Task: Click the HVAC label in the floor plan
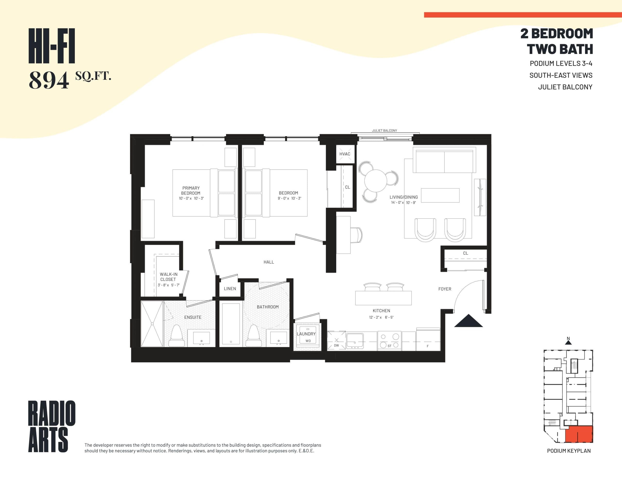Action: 345,154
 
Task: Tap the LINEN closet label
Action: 230,289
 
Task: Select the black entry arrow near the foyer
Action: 468,321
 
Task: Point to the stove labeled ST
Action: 389,341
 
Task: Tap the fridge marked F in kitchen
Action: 428,341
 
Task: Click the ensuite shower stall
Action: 152,324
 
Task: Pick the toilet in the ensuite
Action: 176,337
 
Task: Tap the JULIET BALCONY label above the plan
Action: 384,131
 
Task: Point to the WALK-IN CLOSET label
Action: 168,277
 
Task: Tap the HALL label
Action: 268,262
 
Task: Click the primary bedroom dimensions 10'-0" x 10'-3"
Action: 191,198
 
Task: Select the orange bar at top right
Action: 522,15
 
